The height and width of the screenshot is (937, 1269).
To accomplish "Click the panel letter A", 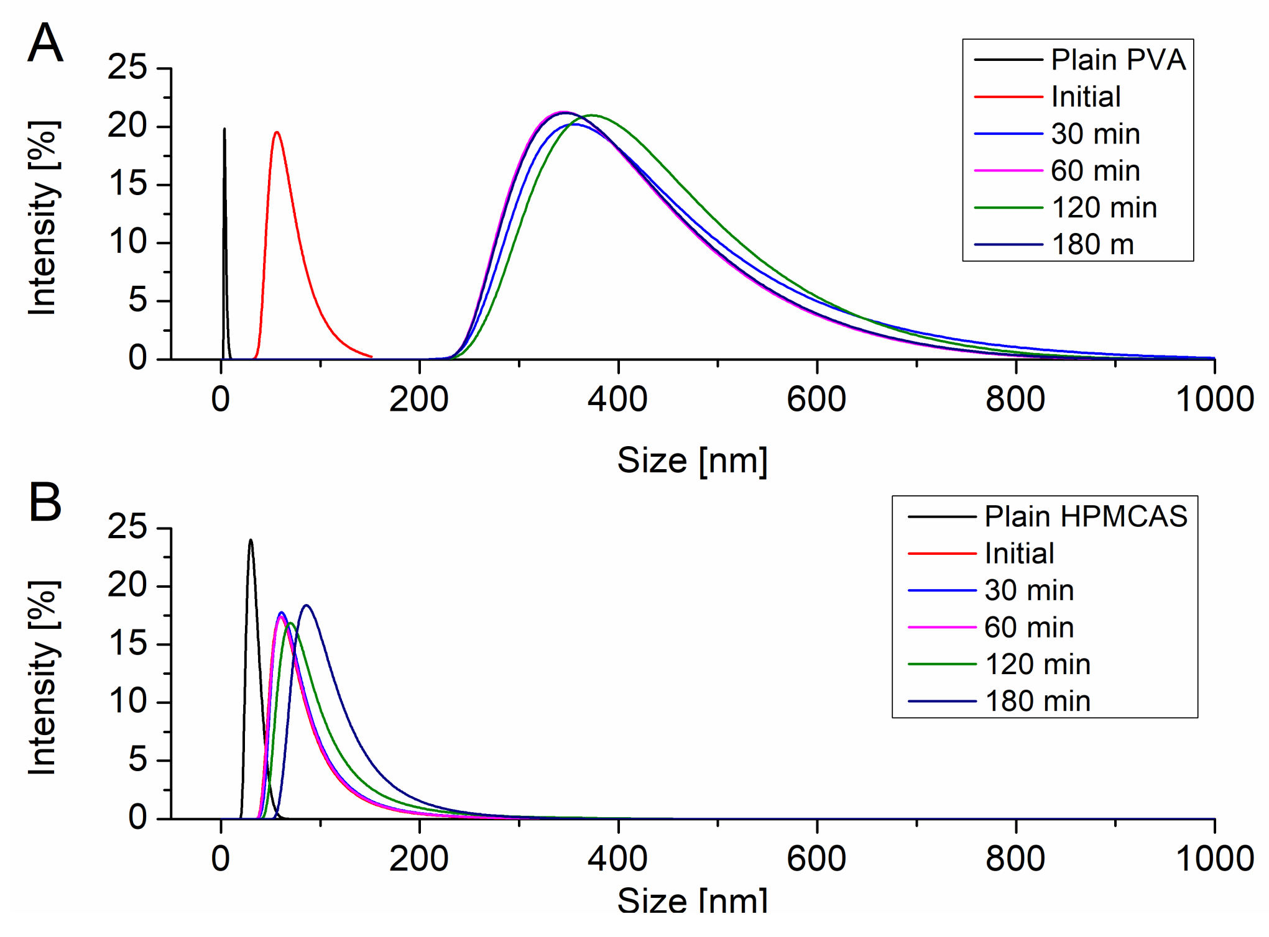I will [x=45, y=43].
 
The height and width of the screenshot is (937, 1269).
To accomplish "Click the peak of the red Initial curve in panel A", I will [x=277, y=132].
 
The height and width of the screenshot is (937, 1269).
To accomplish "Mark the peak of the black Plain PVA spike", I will [x=224, y=129].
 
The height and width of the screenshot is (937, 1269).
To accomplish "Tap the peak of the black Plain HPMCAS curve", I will [x=251, y=540].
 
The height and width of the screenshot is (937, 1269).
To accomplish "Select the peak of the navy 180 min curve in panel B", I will [x=307, y=605].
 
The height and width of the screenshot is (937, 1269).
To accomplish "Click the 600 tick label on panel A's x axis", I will [x=816, y=400].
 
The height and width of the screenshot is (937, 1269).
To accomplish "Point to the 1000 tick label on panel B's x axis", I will [x=1214, y=859].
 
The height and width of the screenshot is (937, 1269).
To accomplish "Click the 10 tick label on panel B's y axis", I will [x=127, y=702].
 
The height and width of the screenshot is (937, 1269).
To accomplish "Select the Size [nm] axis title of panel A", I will [x=692, y=461].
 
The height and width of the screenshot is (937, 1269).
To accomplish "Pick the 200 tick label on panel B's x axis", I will [x=419, y=859].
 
